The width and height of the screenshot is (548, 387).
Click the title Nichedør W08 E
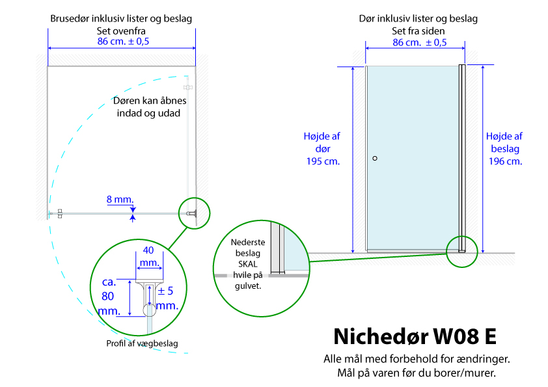[x=415, y=336]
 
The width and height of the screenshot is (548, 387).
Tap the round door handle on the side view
[x=375, y=158]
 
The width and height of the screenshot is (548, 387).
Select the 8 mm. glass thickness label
[x=120, y=200]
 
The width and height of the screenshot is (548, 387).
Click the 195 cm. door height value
[x=323, y=161]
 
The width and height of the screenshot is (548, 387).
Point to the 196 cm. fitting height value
[x=505, y=161]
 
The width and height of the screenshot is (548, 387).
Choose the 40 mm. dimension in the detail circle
[x=149, y=256]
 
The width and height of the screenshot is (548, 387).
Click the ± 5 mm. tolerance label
[x=167, y=298]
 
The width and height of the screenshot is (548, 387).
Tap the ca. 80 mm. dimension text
[x=109, y=296]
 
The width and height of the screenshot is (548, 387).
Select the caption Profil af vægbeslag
[x=142, y=343]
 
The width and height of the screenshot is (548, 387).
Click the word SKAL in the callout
[x=248, y=263]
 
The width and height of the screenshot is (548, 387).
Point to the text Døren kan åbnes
[x=150, y=101]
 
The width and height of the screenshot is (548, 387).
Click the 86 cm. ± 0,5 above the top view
[x=123, y=41]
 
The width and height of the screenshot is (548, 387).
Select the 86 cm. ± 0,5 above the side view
[x=419, y=42]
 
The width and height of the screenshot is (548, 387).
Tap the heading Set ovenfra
[x=121, y=31]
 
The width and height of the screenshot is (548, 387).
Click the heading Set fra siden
[x=418, y=31]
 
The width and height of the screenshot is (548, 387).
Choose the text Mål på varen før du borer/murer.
[x=417, y=373]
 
